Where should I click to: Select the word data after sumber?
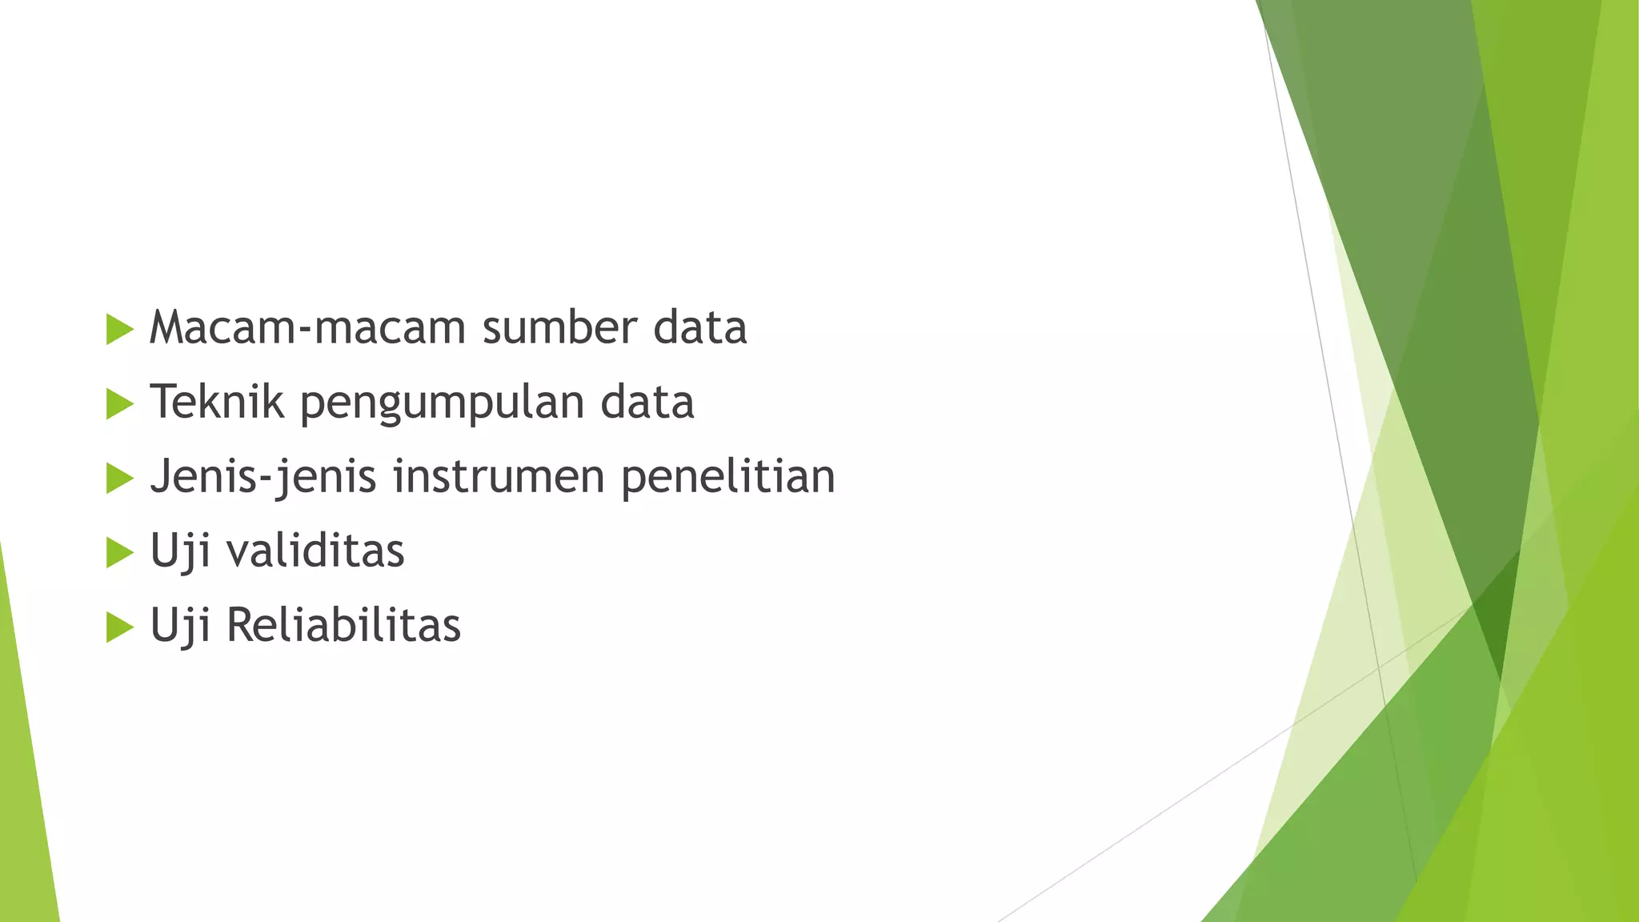click(699, 327)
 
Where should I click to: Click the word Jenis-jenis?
click(263, 476)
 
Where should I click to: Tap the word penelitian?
click(727, 476)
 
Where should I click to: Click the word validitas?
click(316, 551)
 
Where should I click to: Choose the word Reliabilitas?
click(343, 625)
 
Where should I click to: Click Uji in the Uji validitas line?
click(180, 552)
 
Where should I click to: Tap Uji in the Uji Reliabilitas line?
click(180, 627)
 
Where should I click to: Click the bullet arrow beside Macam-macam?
click(119, 329)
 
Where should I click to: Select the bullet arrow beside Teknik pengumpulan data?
click(119, 403)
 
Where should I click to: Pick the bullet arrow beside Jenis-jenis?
click(119, 478)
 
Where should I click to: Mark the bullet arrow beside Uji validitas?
click(119, 552)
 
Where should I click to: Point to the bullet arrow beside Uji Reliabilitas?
click(119, 627)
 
